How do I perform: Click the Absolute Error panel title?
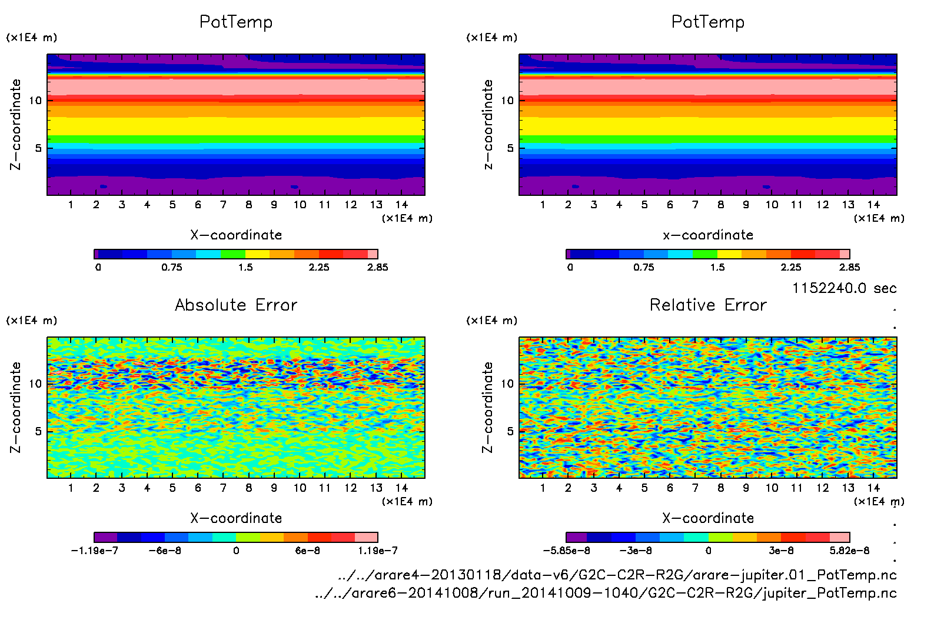click(x=236, y=305)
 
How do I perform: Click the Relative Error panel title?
click(x=708, y=305)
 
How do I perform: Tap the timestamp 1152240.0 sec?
click(x=844, y=288)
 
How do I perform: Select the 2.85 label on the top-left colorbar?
click(x=377, y=267)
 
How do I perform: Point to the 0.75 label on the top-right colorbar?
click(x=643, y=267)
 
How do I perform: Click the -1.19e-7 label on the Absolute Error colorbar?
click(x=94, y=551)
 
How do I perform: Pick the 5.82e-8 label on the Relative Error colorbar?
click(x=849, y=551)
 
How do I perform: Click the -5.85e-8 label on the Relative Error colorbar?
click(x=566, y=551)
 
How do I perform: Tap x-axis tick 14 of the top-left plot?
click(x=401, y=205)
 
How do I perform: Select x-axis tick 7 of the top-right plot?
click(x=695, y=205)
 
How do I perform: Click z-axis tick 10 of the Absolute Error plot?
click(x=35, y=384)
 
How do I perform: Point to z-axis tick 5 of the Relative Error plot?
click(x=510, y=431)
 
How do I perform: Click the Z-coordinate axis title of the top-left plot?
click(x=15, y=124)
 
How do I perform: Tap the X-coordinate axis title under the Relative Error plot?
click(x=708, y=518)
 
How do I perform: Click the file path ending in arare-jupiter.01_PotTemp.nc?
click(x=617, y=575)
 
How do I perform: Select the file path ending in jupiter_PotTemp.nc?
click(x=606, y=593)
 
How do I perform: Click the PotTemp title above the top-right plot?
click(x=708, y=22)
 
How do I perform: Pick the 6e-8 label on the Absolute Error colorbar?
click(x=307, y=551)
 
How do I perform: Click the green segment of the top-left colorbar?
click(x=233, y=254)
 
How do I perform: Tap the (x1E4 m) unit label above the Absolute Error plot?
click(x=32, y=321)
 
